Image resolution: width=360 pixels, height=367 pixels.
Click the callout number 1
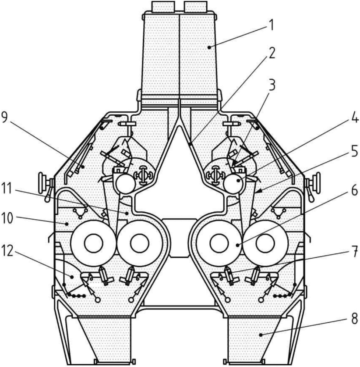(x=271, y=26)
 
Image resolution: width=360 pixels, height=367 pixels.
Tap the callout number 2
(x=272, y=53)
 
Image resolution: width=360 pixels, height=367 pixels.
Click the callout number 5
(x=354, y=151)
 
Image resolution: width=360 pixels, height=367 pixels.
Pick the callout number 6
(x=354, y=190)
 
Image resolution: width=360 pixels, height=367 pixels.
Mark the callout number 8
(x=354, y=318)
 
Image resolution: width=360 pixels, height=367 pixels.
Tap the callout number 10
(x=8, y=217)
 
